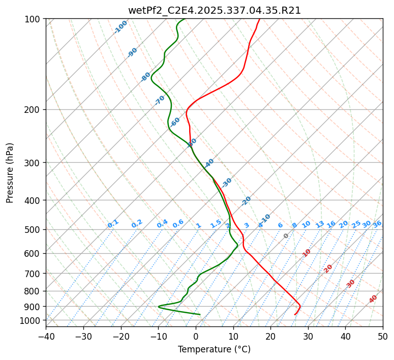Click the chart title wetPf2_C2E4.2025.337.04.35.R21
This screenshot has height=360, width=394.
(x=214, y=10)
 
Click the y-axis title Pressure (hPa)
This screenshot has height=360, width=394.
(x=10, y=173)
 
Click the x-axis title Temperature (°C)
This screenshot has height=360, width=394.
(x=214, y=349)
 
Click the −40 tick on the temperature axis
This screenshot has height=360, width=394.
(x=46, y=337)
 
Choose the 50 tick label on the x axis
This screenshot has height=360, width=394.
(x=383, y=337)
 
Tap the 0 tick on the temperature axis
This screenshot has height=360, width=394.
(x=196, y=337)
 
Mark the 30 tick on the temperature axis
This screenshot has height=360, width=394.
(x=308, y=337)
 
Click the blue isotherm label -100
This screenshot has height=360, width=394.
(x=121, y=27)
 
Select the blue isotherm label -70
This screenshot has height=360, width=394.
(x=160, y=100)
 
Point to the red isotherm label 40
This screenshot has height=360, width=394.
(x=373, y=299)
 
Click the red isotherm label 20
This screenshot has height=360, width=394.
(x=328, y=268)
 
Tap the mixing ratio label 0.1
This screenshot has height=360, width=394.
(x=113, y=224)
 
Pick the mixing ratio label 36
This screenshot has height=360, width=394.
(x=377, y=224)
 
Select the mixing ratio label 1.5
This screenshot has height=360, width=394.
(x=216, y=224)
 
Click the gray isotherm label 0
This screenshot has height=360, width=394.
(x=286, y=236)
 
